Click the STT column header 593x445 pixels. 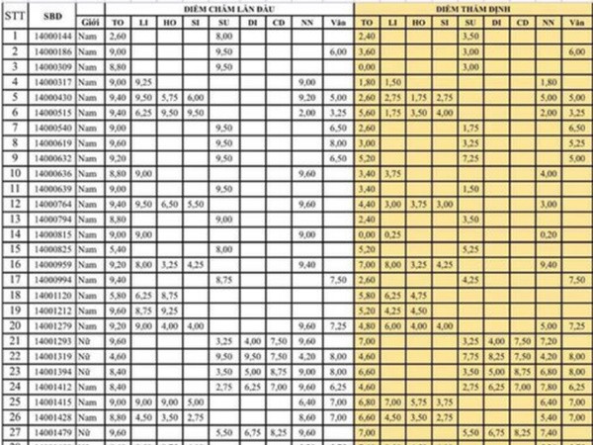(x=15, y=15)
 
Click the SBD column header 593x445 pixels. (x=53, y=15)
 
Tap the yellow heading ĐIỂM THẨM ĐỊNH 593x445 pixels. (x=472, y=7)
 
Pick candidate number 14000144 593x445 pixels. (x=53, y=36)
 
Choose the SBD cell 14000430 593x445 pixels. (x=53, y=98)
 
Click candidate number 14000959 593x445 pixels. (x=53, y=265)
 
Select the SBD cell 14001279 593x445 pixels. (x=53, y=325)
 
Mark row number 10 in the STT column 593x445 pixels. (x=15, y=174)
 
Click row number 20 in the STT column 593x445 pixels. (x=15, y=325)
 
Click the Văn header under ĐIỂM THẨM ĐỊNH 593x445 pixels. (x=576, y=21)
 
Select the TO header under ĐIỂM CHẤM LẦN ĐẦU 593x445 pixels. (x=119, y=21)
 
